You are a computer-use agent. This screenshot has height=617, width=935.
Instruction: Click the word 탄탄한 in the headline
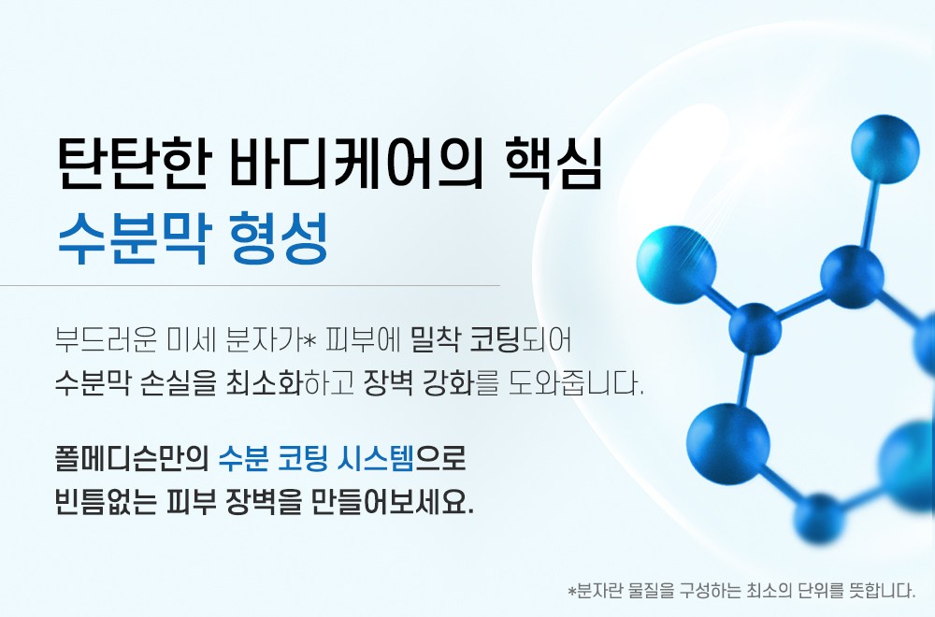(x=134, y=164)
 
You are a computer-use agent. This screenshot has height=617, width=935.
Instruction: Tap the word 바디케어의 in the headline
(x=356, y=164)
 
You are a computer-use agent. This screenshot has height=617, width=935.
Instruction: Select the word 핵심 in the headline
(x=553, y=164)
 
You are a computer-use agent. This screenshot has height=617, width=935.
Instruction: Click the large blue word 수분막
(x=134, y=237)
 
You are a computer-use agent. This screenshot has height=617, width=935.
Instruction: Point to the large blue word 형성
(x=279, y=237)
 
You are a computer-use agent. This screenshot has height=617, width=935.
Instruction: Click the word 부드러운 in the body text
(x=106, y=340)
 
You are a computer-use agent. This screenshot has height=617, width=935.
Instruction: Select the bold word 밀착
(x=435, y=340)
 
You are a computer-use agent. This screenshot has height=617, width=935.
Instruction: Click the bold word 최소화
(x=264, y=383)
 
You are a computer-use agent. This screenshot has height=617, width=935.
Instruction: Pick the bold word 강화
(x=448, y=383)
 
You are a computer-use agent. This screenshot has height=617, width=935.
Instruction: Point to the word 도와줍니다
(x=575, y=383)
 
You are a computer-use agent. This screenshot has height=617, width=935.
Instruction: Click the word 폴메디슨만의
(x=131, y=459)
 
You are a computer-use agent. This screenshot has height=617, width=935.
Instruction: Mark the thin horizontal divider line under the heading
(x=250, y=285)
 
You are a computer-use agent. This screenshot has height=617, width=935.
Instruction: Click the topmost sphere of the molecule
(x=885, y=149)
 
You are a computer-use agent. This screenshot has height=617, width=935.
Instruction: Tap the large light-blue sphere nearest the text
(x=676, y=264)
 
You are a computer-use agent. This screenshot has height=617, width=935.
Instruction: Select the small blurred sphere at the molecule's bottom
(x=819, y=519)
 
